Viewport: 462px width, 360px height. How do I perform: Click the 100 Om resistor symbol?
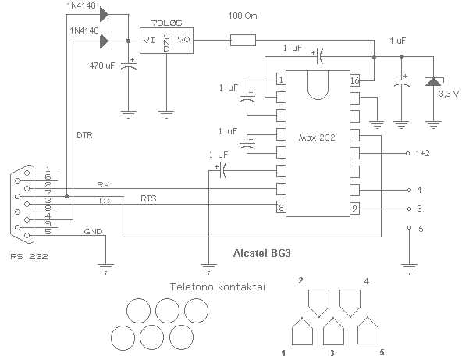[x=243, y=40]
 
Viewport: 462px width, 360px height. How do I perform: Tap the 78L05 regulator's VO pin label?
[x=184, y=40]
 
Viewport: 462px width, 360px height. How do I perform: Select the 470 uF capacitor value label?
[x=102, y=66]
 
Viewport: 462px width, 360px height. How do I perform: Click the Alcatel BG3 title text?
[x=262, y=253]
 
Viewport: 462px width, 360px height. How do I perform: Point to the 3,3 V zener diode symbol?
[x=433, y=81]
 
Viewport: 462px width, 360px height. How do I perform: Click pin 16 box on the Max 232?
[x=355, y=80]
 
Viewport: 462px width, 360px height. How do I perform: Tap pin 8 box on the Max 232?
[x=281, y=208]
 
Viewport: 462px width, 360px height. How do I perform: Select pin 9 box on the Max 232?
[x=355, y=209]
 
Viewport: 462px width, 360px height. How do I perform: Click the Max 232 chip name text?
[x=317, y=137]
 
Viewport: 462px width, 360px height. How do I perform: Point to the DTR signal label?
[x=84, y=135]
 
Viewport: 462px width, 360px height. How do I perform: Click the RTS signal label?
[x=148, y=198]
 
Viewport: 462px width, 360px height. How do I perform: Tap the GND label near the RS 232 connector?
[x=93, y=232]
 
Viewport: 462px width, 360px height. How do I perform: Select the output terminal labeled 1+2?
[x=408, y=153]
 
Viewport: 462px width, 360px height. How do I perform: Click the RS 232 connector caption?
[x=29, y=256]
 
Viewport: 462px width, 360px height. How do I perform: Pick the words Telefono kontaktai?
[x=218, y=287]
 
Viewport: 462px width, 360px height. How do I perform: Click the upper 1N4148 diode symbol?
[x=104, y=14]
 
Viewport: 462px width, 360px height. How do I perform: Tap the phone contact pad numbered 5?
[x=368, y=330]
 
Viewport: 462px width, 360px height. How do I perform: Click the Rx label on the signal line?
[x=104, y=185]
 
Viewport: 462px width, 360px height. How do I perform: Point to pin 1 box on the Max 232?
[x=281, y=80]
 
